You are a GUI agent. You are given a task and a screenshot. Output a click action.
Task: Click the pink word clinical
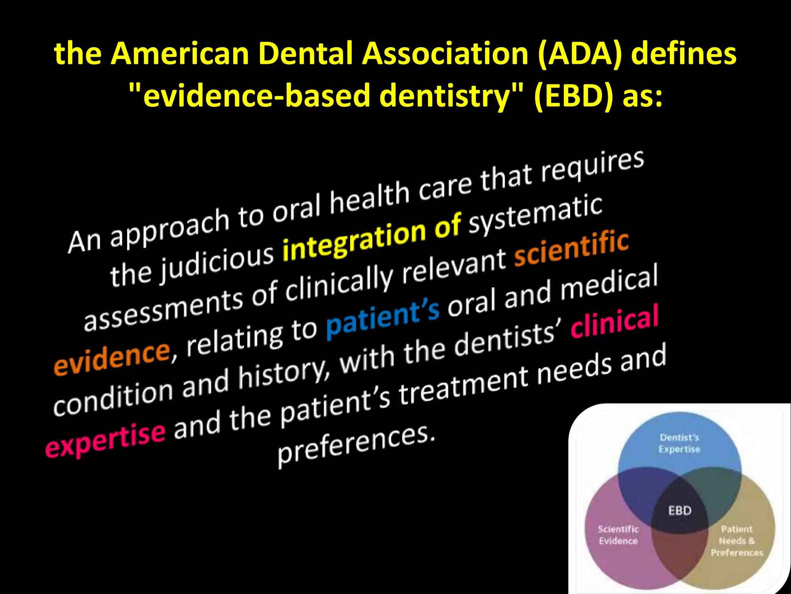coord(614,321)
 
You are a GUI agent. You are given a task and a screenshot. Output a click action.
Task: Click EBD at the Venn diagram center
coord(680,511)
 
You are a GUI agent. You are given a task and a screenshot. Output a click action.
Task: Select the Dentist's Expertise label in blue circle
coord(679,443)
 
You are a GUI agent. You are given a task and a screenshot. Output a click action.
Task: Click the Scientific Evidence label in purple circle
coord(618,535)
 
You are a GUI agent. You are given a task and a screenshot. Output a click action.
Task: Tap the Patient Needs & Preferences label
coord(737,541)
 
